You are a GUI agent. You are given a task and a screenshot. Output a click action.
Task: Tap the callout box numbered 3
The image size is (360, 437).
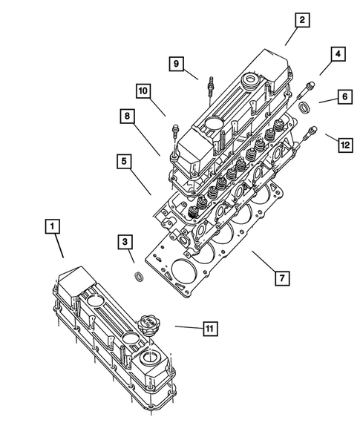coord(125,242)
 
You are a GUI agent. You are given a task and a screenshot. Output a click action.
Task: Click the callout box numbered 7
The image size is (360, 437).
coord(281,278)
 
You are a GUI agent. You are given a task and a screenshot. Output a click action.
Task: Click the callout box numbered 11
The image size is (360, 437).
coord(210,327)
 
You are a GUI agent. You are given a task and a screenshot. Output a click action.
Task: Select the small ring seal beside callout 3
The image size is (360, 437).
coord(137,277)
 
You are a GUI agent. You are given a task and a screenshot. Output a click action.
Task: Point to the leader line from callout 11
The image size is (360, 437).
coord(186,327)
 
